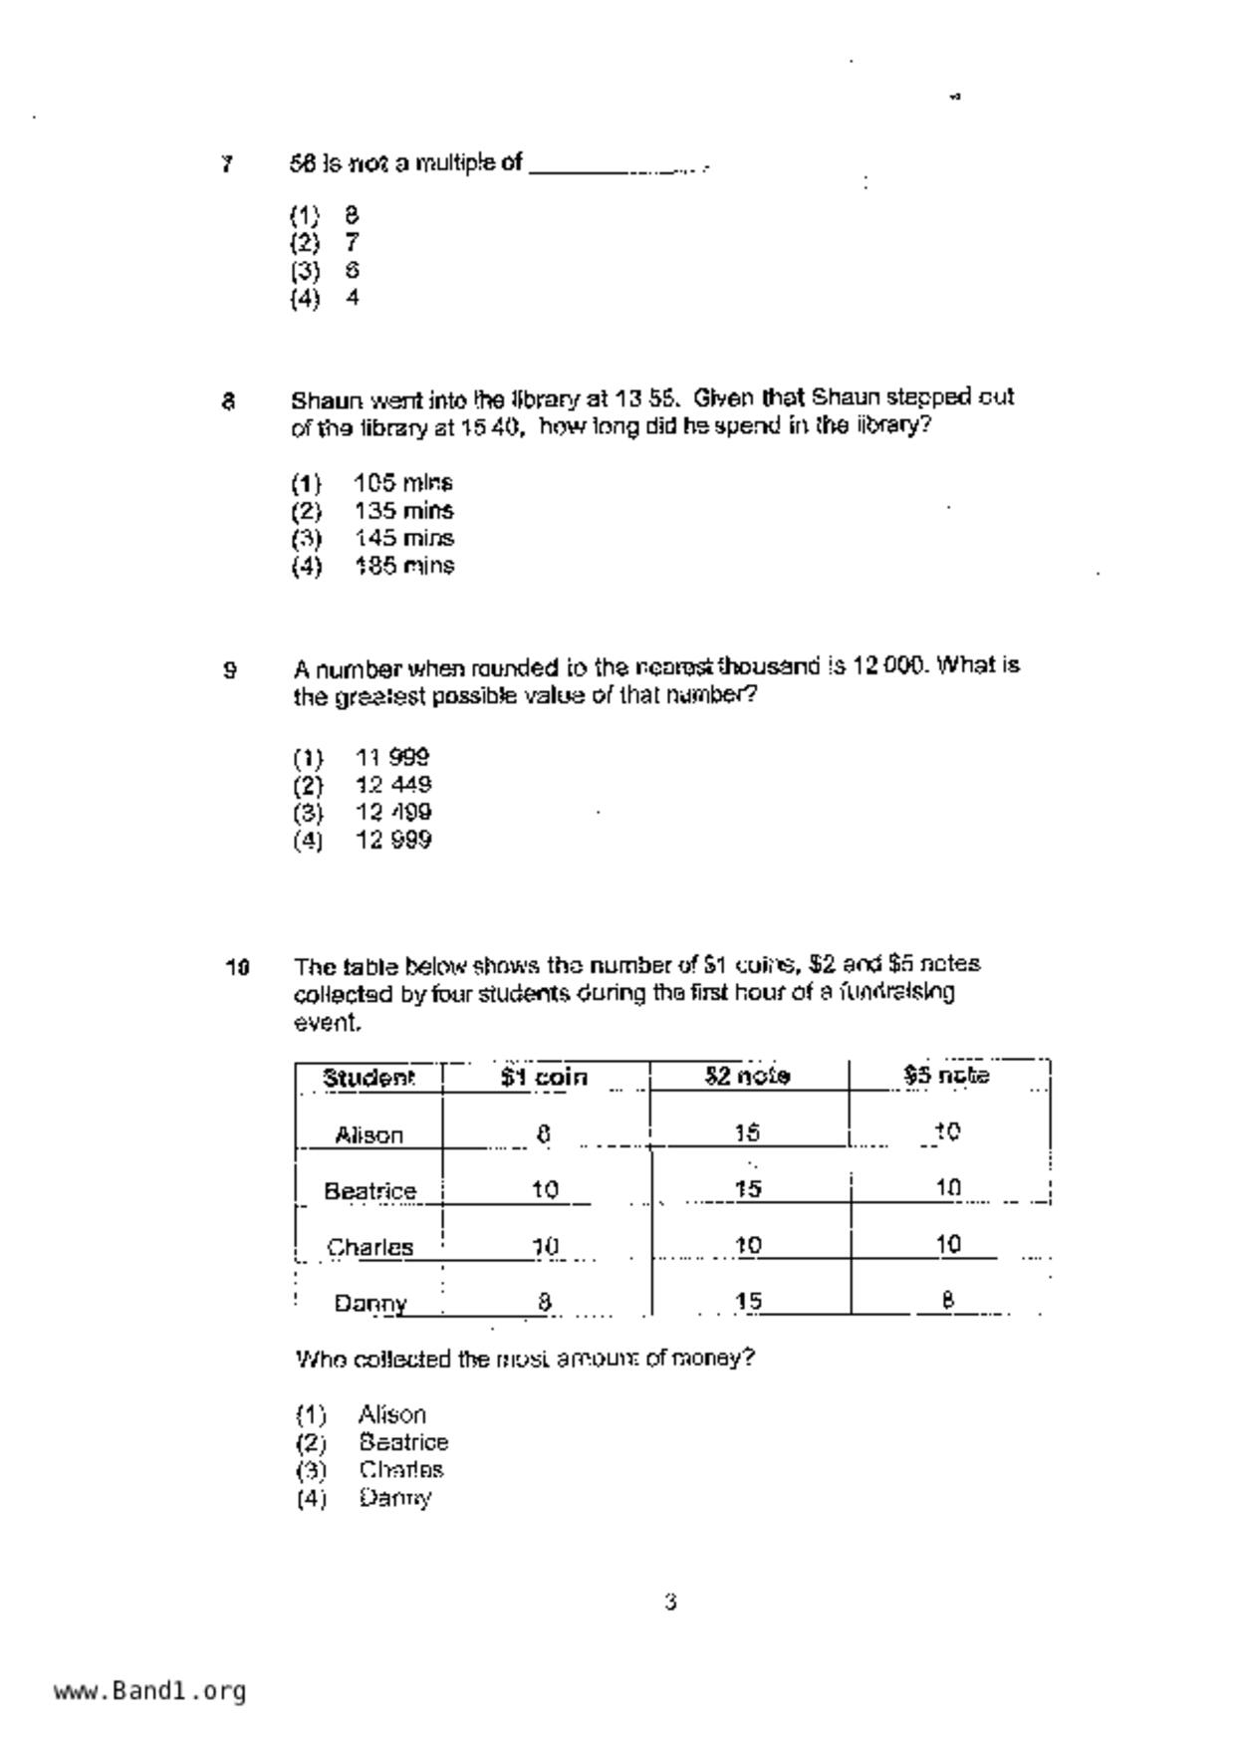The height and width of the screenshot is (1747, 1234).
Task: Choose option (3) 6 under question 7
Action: (326, 271)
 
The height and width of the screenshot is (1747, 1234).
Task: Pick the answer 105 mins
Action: (403, 483)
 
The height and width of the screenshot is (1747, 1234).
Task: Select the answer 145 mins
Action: (403, 539)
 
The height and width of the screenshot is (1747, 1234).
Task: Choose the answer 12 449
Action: (393, 785)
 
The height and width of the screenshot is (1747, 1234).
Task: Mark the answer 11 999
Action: (392, 757)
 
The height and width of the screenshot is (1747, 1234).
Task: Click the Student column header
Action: (368, 1078)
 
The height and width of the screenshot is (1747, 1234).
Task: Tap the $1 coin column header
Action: (544, 1078)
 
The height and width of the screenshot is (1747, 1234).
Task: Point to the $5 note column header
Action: (946, 1076)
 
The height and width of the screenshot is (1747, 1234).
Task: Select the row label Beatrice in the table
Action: (370, 1191)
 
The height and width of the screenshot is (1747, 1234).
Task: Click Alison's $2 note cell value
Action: (747, 1132)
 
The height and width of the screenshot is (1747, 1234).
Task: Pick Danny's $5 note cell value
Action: (948, 1300)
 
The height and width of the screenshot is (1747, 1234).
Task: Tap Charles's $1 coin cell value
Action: (545, 1246)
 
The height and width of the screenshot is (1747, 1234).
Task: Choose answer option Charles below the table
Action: (401, 1470)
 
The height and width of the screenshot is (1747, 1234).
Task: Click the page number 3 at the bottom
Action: (670, 1603)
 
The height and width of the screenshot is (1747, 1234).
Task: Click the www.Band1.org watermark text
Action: (149, 1690)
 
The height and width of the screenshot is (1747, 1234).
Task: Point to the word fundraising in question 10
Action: (896, 992)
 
